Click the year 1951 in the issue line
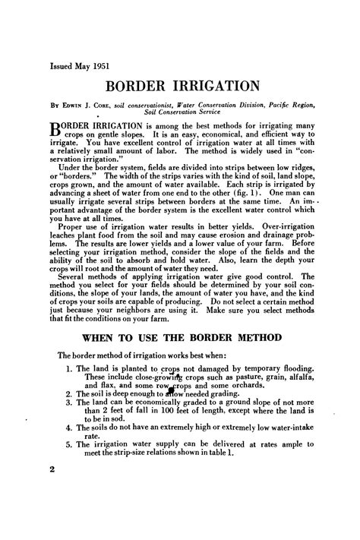click(x=101, y=65)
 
